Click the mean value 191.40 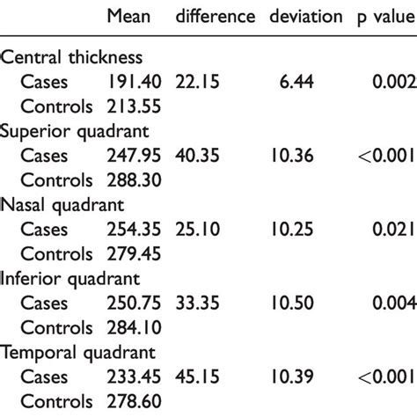click(134, 82)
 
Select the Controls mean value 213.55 click(134, 107)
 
